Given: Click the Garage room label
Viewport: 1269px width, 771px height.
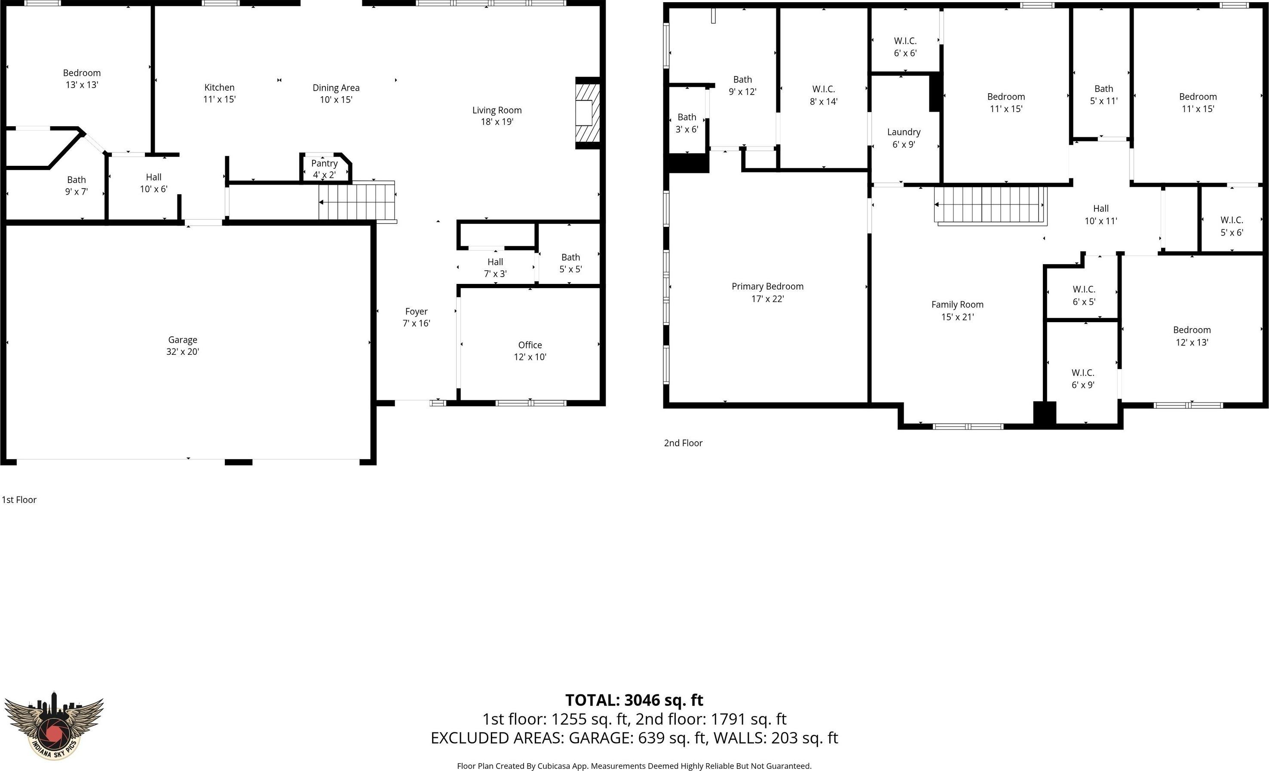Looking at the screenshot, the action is pyautogui.click(x=182, y=340).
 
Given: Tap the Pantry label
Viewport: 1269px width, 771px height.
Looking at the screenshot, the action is pyautogui.click(x=325, y=163).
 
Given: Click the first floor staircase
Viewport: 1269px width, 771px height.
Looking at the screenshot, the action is pyautogui.click(x=357, y=201).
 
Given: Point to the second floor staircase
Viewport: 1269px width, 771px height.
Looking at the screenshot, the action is pyautogui.click(x=991, y=205).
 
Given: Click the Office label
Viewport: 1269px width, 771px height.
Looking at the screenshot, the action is pyautogui.click(x=530, y=345).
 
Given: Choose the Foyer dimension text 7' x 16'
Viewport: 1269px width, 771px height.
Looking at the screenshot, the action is pyautogui.click(x=416, y=323).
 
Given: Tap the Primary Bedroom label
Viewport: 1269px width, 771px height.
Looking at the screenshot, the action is pyautogui.click(x=767, y=286).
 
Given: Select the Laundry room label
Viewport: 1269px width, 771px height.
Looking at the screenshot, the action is pyautogui.click(x=904, y=132).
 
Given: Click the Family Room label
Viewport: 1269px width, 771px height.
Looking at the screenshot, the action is pyautogui.click(x=957, y=305).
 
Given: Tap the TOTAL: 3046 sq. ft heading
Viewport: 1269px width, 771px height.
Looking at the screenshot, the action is pyautogui.click(x=634, y=700).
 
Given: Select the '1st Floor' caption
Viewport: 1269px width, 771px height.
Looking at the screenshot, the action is pyautogui.click(x=19, y=500).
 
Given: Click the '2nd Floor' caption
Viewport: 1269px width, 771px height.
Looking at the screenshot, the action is pyautogui.click(x=683, y=443).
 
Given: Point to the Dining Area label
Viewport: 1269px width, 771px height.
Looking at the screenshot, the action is pyautogui.click(x=336, y=88).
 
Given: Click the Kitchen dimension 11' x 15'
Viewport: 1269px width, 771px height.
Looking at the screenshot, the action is pyautogui.click(x=219, y=99).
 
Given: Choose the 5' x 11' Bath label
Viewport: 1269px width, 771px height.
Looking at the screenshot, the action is pyautogui.click(x=1103, y=94).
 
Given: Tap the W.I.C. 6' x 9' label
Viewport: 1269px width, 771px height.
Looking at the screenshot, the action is pyautogui.click(x=1083, y=379).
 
